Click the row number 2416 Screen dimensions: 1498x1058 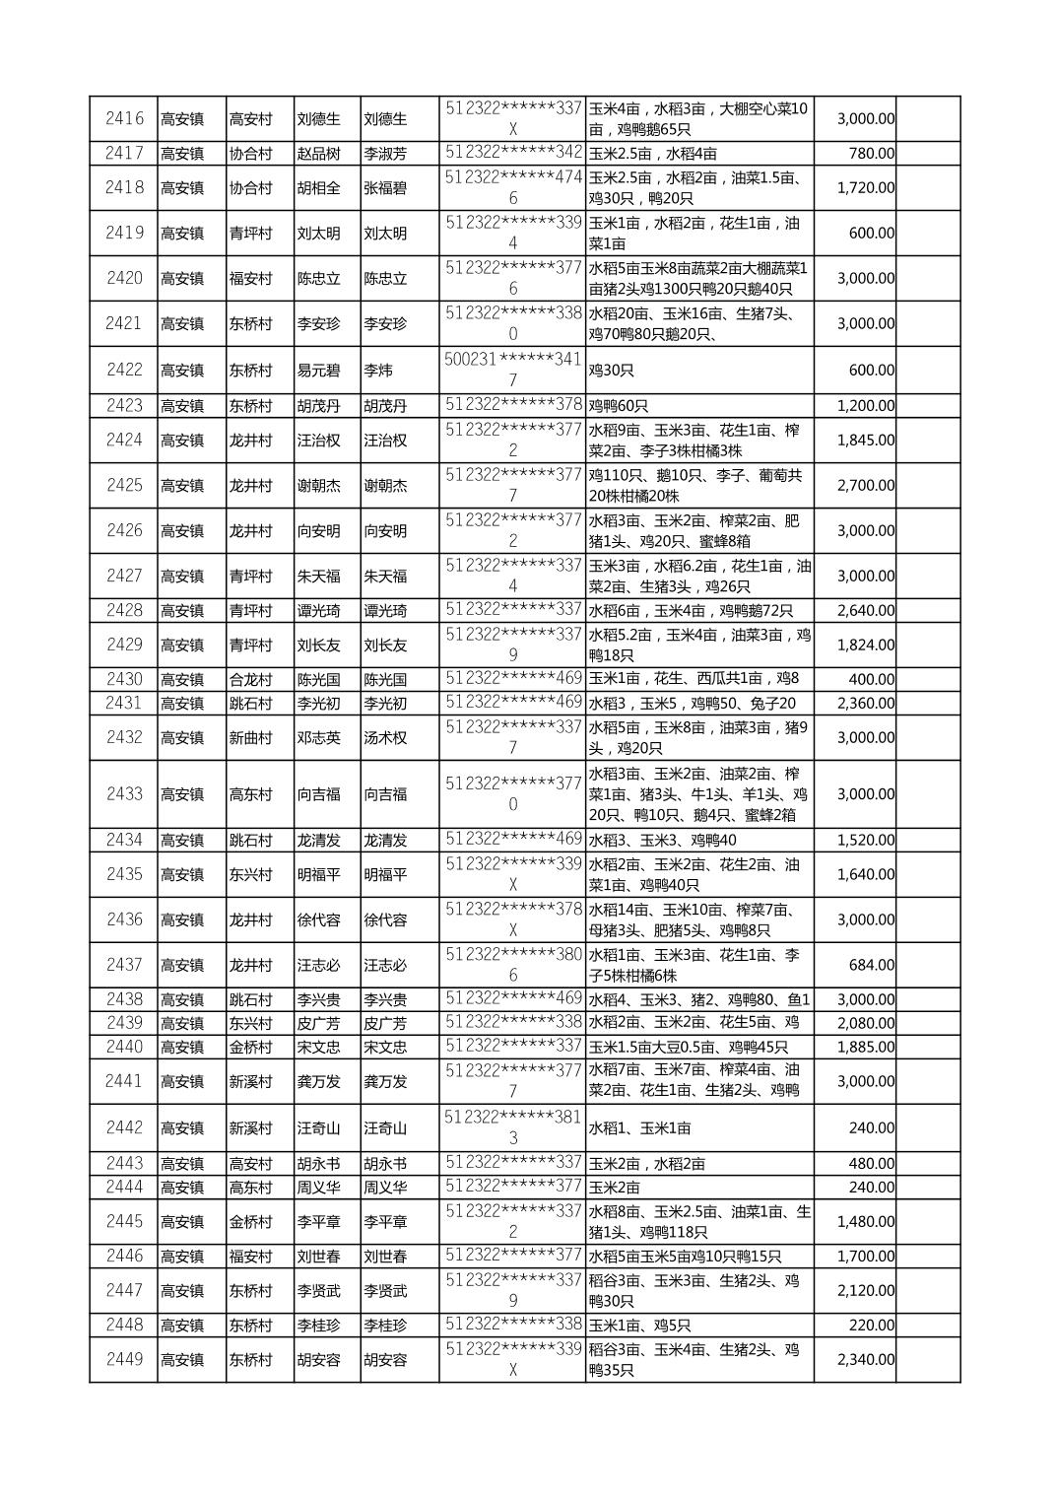(124, 119)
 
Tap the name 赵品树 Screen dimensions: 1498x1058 (318, 154)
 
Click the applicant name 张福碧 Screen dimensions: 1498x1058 (385, 188)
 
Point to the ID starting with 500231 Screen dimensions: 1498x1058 (512, 370)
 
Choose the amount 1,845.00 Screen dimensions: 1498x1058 (866, 441)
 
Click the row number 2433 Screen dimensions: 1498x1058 (124, 794)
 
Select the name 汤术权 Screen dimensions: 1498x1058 (385, 738)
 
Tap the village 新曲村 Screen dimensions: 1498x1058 (250, 738)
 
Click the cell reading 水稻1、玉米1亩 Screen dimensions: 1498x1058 (639, 1128)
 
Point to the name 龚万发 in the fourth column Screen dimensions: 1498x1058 (318, 1082)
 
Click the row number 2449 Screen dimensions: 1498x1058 (124, 1360)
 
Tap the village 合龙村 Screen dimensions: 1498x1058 (250, 680)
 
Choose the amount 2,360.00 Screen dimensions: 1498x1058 (866, 704)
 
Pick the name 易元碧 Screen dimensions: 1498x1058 (318, 371)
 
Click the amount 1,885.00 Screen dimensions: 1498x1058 (866, 1048)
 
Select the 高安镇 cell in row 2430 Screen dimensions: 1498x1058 (182, 680)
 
